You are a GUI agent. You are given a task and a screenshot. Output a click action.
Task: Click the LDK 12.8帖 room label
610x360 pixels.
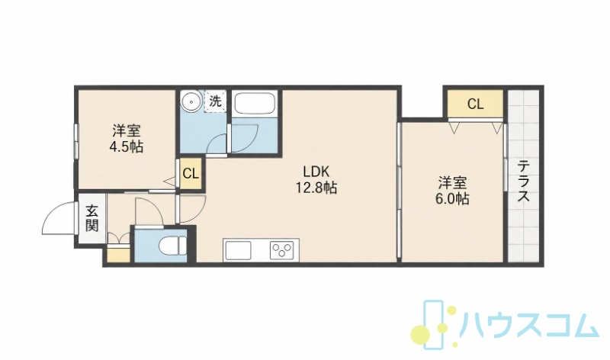[x=316, y=179]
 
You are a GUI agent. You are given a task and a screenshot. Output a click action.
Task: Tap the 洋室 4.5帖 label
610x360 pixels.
[x=127, y=138]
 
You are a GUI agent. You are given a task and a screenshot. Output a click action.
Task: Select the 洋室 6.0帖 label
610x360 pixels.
[x=452, y=191]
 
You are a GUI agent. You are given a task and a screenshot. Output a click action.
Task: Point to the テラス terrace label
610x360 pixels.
[x=524, y=182]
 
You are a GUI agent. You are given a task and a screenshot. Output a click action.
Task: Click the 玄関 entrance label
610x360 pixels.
[x=91, y=218]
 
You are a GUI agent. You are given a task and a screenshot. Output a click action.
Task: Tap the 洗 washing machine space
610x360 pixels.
[x=215, y=101]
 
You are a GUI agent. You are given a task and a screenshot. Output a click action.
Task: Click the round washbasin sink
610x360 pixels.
[x=191, y=101]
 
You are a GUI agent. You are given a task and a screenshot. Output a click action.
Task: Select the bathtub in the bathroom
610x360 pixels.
[x=255, y=104]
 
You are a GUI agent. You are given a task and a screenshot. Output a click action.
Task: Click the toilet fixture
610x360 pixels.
[x=174, y=246]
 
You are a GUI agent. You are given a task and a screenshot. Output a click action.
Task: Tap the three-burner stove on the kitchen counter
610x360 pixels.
[x=282, y=249]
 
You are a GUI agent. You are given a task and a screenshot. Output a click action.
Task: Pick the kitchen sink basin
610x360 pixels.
[x=238, y=250]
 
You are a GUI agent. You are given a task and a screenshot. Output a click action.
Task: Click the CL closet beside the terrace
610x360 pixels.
[x=475, y=104]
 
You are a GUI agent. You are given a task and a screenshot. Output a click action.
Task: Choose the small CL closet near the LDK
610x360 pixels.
[x=191, y=174]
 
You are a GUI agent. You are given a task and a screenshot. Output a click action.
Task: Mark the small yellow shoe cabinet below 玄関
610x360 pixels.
[x=118, y=255]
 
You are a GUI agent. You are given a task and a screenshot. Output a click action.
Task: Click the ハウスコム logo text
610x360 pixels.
[x=529, y=325]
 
